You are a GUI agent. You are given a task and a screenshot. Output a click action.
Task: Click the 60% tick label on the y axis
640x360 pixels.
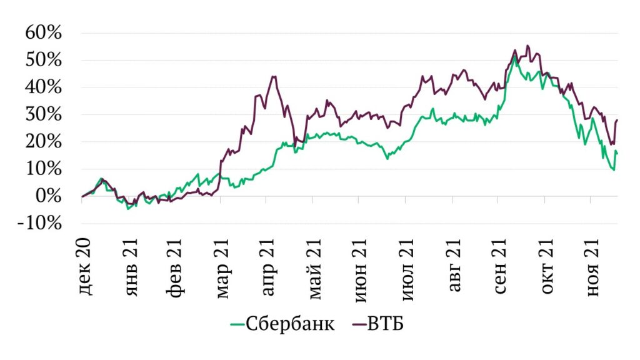(43, 33)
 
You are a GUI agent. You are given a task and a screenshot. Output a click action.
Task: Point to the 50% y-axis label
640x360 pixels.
(43, 61)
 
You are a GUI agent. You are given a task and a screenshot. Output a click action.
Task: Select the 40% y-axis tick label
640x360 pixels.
(43, 87)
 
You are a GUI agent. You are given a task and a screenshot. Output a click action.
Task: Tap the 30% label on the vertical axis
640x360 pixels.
(43, 115)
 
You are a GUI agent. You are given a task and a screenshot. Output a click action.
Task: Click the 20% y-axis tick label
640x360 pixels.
(43, 142)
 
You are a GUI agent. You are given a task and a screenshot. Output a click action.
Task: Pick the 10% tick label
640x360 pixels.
(43, 169)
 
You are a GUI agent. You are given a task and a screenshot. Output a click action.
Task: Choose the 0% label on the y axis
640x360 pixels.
(49, 196)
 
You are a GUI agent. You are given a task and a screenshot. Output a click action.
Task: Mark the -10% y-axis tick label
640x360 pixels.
(39, 224)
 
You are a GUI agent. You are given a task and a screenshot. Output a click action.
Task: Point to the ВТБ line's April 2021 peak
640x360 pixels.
(273, 77)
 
